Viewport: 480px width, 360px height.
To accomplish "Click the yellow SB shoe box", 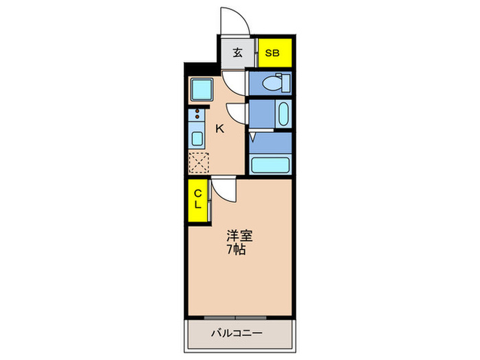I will click(274, 53).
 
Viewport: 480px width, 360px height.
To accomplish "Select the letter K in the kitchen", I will click(220, 128).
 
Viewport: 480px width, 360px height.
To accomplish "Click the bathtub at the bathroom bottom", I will click(270, 165).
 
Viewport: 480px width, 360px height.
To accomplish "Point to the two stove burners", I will click(197, 114).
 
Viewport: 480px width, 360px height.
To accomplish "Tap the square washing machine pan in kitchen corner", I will click(202, 88).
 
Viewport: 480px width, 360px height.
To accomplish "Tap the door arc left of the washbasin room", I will click(236, 114).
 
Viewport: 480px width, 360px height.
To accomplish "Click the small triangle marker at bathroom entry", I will click(253, 138).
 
